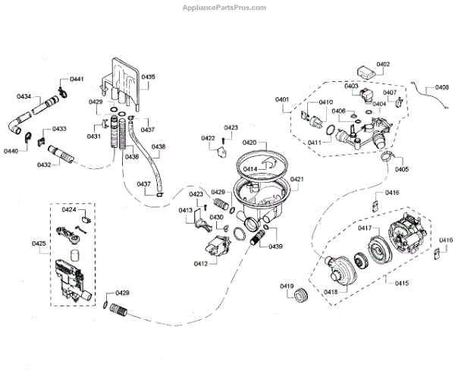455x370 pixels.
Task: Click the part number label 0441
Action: (77, 80)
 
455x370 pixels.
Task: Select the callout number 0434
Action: (24, 97)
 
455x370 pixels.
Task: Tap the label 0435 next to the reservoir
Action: (148, 77)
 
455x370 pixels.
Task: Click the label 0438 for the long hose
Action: (158, 146)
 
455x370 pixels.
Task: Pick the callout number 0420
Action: (249, 143)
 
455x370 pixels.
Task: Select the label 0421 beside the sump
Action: (297, 179)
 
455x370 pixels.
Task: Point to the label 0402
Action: (383, 64)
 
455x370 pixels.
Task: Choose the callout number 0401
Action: (282, 100)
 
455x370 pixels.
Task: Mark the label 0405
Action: (401, 169)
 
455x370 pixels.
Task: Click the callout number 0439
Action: (274, 247)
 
